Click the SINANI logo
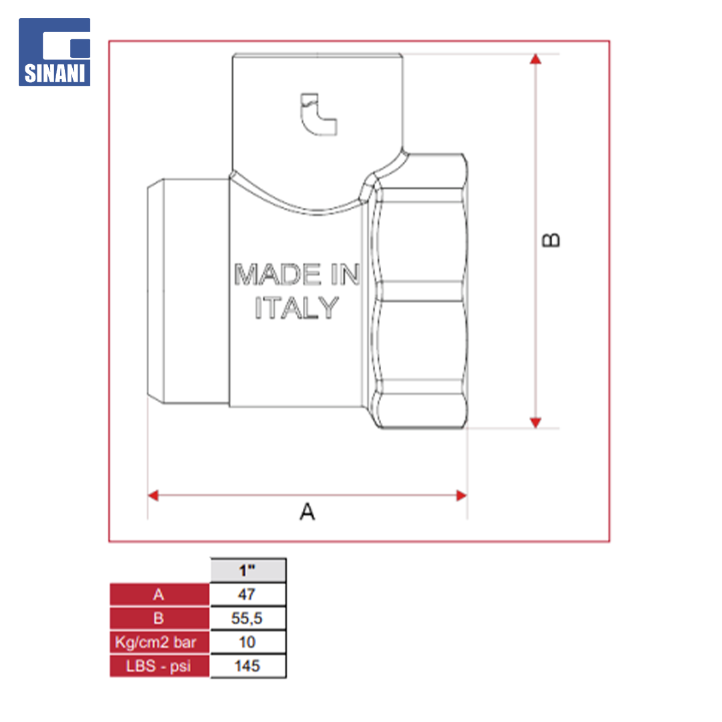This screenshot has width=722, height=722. coord(54,52)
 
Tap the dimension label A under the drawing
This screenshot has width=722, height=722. coord(307,511)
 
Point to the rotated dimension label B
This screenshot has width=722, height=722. coord(551,240)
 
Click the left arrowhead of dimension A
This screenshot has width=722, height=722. coord(153,495)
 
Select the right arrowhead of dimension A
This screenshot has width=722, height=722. coord(461,495)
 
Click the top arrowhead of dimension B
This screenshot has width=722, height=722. coord(535,59)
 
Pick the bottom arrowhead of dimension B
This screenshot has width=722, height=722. coord(535,423)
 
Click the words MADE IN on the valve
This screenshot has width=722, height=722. coord(297,275)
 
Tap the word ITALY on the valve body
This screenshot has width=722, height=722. coord(297,308)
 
